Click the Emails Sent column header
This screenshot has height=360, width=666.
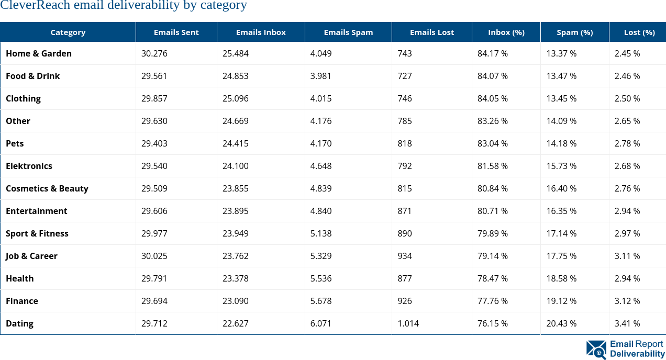[176, 32]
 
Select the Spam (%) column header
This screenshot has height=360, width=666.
[574, 32]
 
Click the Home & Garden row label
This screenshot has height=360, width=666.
[39, 53]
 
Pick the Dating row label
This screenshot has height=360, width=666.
[19, 323]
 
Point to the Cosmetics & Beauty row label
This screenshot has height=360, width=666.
[47, 188]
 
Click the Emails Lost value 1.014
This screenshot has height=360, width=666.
[408, 323]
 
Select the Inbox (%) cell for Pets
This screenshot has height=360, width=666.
[492, 143]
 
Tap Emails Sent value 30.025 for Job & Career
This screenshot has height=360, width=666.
[154, 256]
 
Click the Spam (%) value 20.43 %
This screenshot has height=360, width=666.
[561, 323]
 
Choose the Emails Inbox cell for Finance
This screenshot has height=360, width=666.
[235, 301]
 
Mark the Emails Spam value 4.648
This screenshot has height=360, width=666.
[320, 166]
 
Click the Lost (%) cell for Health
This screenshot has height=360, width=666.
[627, 278]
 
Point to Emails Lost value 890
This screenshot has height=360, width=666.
[404, 233]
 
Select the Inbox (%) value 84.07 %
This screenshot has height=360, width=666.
[492, 76]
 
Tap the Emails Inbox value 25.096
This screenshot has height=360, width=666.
[235, 98]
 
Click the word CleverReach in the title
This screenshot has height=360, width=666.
[32, 6]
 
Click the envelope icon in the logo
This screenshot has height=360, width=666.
[596, 349]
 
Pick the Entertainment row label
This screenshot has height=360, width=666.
[37, 211]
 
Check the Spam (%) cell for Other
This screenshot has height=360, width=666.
[561, 121]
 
